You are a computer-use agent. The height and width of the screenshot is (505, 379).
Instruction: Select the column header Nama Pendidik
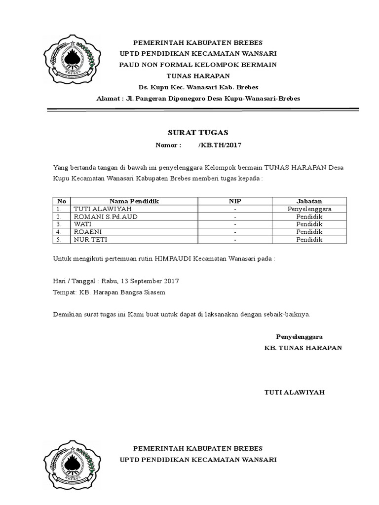tap(134, 201)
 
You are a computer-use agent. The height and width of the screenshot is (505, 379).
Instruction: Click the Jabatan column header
tap(309, 201)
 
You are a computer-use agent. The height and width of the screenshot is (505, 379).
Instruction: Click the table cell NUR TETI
tap(90, 240)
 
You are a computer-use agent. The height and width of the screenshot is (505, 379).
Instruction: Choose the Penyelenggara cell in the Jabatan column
tap(309, 209)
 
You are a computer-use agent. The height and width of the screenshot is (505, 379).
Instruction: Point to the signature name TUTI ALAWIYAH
tap(294, 393)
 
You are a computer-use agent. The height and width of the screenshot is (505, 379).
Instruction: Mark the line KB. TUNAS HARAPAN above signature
tap(303, 348)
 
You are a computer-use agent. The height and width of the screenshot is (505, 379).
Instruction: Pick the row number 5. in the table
tap(61, 240)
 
